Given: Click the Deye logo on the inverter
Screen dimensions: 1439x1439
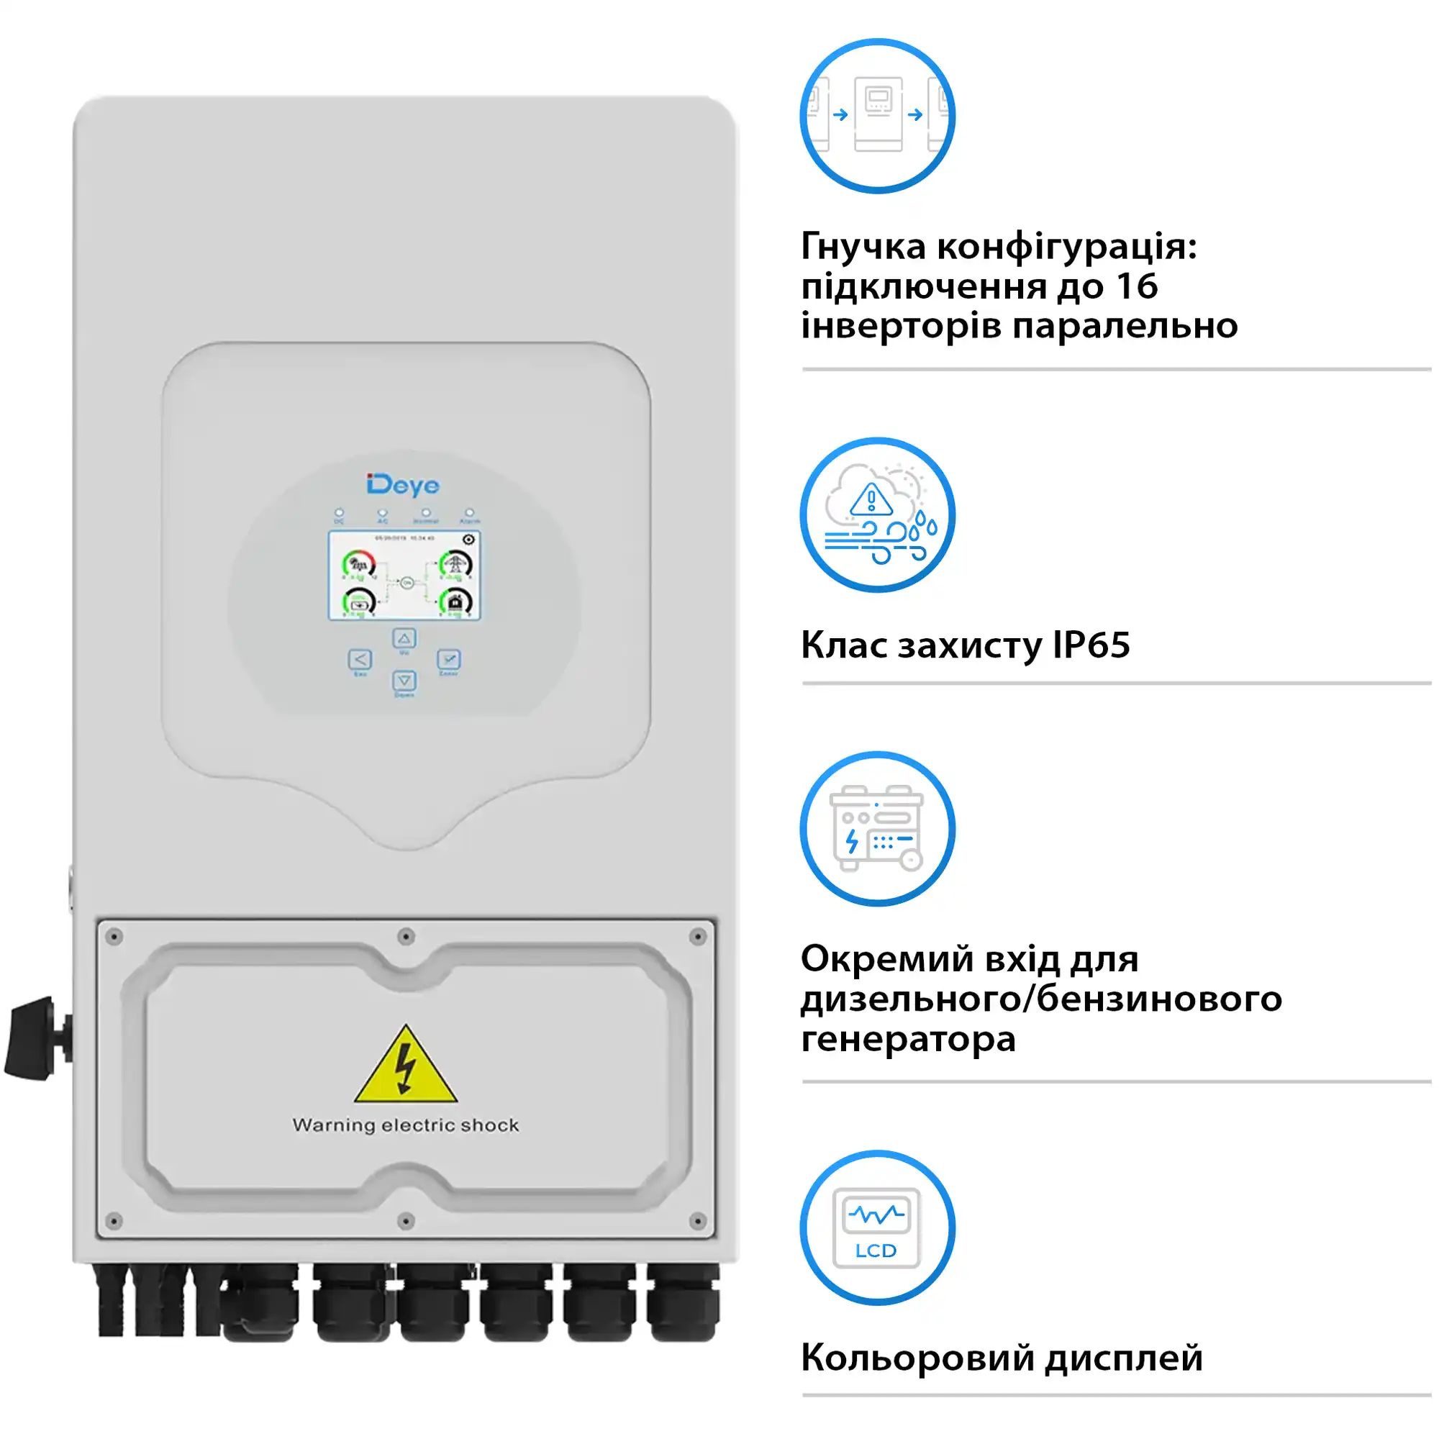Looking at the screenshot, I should point(403,485).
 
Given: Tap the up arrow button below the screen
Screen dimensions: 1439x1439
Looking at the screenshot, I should point(404,638).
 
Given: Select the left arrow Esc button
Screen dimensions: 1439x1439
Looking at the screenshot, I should point(360,659).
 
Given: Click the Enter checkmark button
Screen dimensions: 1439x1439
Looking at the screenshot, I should point(448,659).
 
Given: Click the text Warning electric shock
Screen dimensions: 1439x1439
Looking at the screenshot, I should point(406,1125).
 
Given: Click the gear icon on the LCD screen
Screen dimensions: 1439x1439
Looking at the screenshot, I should point(468,539).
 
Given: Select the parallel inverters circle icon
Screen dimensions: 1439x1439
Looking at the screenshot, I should point(877,116).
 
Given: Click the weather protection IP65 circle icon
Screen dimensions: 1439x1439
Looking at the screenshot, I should point(877,514).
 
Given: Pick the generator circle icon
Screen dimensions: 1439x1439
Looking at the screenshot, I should point(877,828).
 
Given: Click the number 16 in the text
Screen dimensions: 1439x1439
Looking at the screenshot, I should point(1137,287).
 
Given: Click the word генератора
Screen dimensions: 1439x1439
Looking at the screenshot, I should point(908,1039).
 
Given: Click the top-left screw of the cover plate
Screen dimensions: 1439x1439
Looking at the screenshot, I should point(114,937).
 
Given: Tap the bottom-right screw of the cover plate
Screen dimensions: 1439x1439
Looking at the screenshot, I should point(698,1221).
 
